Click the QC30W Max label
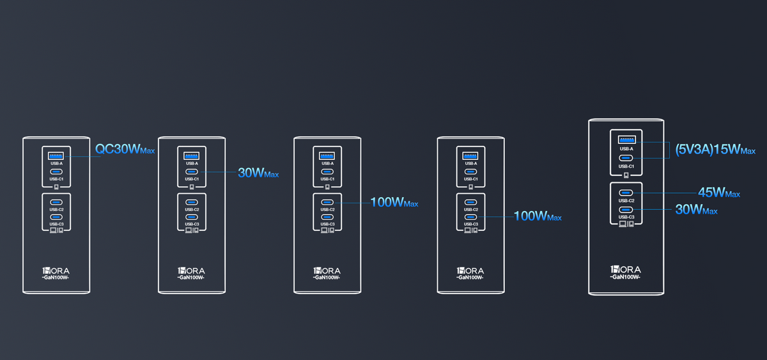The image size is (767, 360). [125, 149]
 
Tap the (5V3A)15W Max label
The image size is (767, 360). [715, 150]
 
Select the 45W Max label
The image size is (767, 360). [719, 192]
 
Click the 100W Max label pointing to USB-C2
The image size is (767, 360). [394, 203]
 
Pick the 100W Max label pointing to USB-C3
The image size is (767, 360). [538, 215]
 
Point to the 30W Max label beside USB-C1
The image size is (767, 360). [258, 173]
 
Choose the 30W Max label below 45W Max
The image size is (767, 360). [696, 210]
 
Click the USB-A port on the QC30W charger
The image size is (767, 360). [56, 156]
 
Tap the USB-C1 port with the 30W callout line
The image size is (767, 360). [191, 171]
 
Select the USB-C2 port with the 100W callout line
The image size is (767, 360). [327, 203]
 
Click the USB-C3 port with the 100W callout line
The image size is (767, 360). [470, 217]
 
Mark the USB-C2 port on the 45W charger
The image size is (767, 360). [626, 193]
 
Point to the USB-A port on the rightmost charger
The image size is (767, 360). [626, 139]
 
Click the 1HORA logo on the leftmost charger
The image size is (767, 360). [56, 270]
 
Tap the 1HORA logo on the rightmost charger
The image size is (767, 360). [626, 270]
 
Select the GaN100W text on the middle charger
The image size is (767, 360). [327, 278]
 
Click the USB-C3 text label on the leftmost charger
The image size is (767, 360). [56, 224]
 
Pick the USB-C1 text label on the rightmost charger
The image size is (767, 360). [626, 166]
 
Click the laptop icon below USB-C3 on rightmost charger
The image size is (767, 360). [623, 224]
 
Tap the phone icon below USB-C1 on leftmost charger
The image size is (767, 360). [56, 187]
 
